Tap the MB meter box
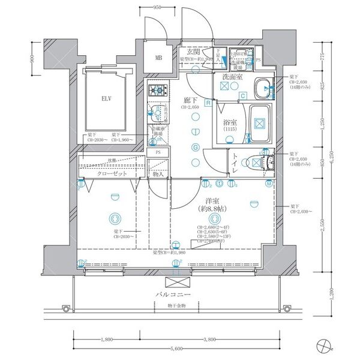[159, 58]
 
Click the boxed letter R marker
[208, 103]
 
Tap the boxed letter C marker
[244, 95]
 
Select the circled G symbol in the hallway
[195, 148]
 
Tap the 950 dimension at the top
[157, 7]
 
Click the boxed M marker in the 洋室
[268, 183]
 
